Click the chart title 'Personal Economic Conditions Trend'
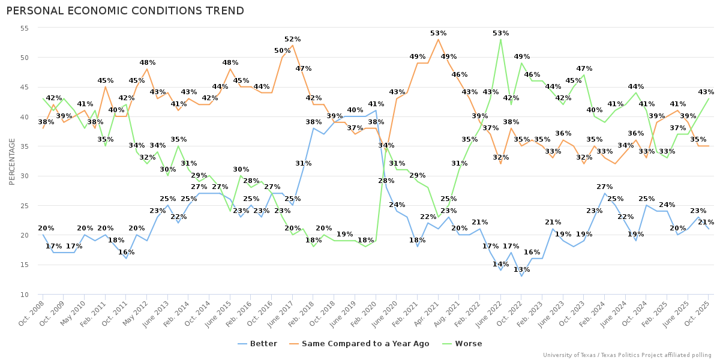pos(125,11)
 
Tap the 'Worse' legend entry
pos(463,344)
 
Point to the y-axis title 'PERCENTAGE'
pos(12,161)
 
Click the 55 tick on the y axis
pos(25,28)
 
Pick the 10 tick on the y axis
pos(25,295)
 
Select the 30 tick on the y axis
pos(25,176)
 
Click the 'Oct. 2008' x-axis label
pos(31,314)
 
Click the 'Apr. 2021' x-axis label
pos(427,314)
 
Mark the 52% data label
pos(293,39)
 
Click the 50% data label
pos(282,51)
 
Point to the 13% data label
pos(522,269)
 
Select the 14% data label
pos(500,263)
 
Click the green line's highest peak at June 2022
pos(500,40)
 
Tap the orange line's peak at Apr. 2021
pos(438,40)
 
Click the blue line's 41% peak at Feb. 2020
pos(376,110)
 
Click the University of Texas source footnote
pos(627,355)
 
